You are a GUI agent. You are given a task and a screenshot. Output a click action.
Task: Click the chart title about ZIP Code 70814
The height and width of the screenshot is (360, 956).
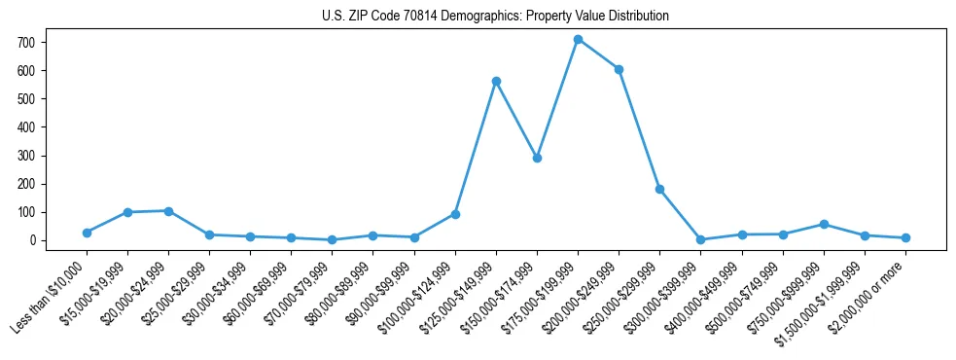click(x=495, y=17)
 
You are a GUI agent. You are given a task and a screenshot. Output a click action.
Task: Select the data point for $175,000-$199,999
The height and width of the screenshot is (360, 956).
click(x=578, y=40)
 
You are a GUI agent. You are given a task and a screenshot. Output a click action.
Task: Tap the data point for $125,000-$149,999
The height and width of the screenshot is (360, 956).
click(x=496, y=82)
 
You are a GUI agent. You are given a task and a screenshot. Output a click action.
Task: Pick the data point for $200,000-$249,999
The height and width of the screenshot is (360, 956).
click(x=619, y=69)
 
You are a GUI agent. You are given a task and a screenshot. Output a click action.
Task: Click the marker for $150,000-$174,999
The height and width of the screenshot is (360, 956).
click(x=537, y=158)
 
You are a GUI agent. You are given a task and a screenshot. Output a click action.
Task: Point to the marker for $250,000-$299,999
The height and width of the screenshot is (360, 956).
click(x=659, y=189)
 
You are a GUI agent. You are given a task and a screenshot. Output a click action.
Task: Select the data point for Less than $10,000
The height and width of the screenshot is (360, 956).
click(x=87, y=233)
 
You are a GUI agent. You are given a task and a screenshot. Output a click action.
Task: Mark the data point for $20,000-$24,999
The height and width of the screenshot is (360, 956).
click(x=168, y=211)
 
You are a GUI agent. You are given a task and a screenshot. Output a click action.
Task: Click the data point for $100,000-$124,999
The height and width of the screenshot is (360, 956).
click(x=455, y=214)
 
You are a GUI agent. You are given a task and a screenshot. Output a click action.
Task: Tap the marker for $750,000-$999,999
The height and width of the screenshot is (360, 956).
click(x=824, y=225)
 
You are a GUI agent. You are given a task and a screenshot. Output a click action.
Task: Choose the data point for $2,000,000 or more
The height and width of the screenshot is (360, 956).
click(x=905, y=237)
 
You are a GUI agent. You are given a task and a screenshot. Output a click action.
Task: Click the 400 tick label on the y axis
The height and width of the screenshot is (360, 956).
click(x=27, y=127)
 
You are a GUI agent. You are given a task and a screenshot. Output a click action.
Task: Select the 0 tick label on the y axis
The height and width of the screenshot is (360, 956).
click(x=33, y=240)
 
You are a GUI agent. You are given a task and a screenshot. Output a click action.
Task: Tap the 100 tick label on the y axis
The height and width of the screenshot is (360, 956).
click(x=27, y=212)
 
